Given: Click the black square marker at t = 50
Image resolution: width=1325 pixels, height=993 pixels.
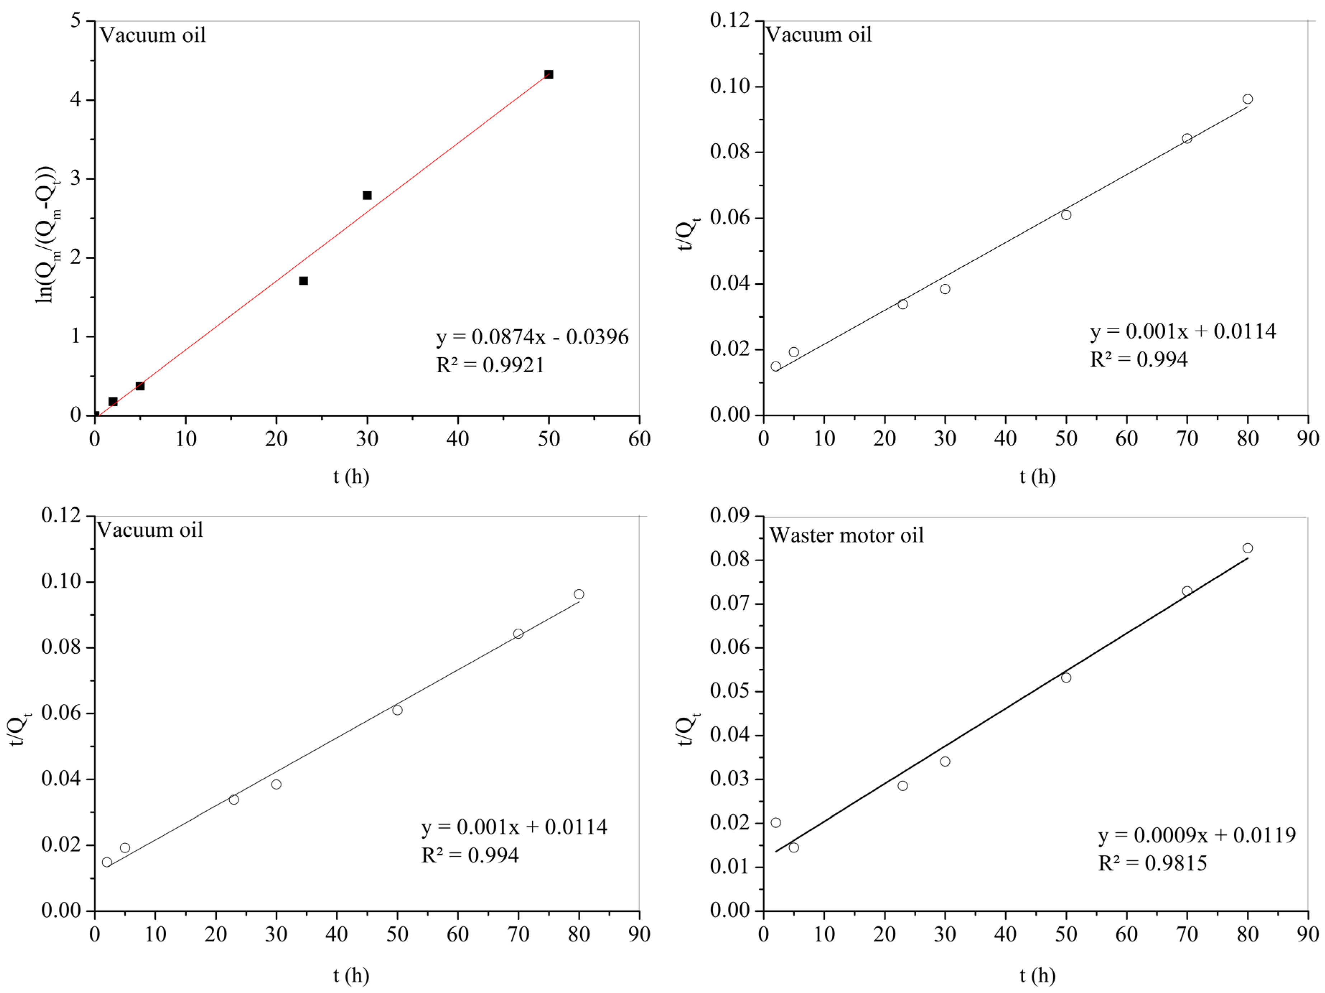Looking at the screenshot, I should [548, 74].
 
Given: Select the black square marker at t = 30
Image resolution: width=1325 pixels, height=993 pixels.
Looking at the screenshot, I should [367, 195].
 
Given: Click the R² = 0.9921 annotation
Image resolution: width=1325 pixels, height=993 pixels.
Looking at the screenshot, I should [490, 365].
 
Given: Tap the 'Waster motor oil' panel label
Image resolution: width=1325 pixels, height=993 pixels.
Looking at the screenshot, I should [846, 535].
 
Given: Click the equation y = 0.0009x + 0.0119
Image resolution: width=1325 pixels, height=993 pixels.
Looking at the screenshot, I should [1197, 835].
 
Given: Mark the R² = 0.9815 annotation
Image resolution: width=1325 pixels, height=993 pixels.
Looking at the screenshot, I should [1152, 863].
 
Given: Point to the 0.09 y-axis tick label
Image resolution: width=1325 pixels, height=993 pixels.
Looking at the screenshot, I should [730, 516].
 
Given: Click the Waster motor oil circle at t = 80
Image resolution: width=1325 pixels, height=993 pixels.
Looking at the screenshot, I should [1247, 548].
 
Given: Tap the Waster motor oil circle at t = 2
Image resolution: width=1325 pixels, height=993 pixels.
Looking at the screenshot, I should [776, 822].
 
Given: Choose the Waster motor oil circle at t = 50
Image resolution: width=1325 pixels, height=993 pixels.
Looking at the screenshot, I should [1066, 677].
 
